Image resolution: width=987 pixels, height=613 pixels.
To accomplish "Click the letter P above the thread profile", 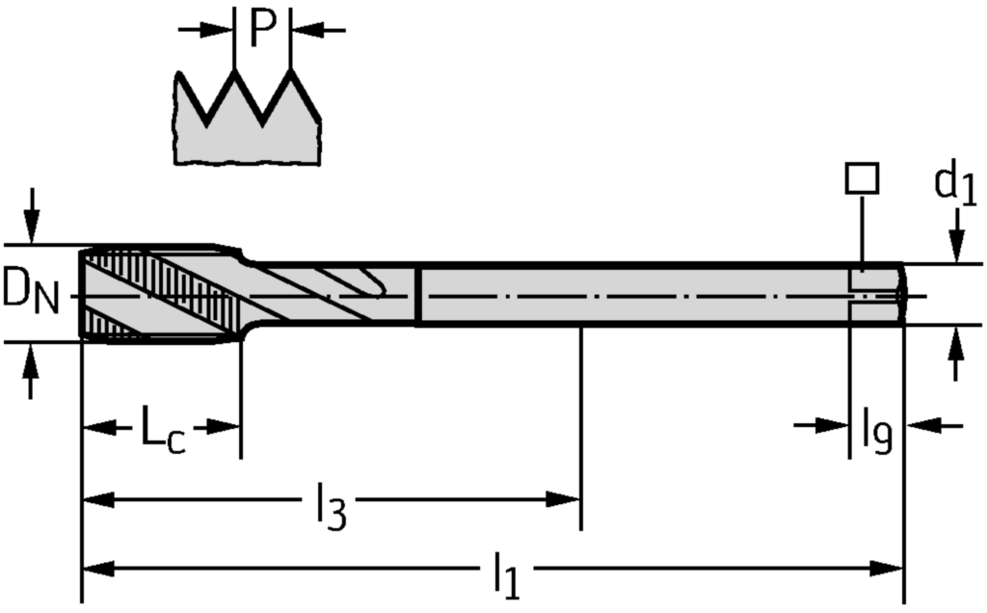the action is pyautogui.click(x=262, y=29).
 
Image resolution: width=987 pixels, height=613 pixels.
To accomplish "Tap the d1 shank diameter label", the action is pyautogui.click(x=955, y=184).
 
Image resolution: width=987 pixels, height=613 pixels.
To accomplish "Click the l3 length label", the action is pyautogui.click(x=331, y=505).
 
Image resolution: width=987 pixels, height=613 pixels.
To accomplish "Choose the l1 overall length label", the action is pyautogui.click(x=506, y=574).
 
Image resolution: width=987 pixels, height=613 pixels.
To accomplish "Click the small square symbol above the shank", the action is pyautogui.click(x=862, y=178).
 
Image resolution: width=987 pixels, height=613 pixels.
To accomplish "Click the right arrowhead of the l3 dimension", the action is pyautogui.click(x=563, y=499).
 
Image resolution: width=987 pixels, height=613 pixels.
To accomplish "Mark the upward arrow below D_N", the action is pyautogui.click(x=30, y=371).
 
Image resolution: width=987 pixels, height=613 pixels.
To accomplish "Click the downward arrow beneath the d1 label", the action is pyautogui.click(x=956, y=236).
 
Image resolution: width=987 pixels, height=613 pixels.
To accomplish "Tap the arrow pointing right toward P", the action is pyautogui.click(x=205, y=29).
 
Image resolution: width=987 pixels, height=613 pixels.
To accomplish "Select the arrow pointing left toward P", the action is pyautogui.click(x=318, y=29).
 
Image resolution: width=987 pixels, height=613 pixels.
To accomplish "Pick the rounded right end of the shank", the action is pyautogui.click(x=902, y=294).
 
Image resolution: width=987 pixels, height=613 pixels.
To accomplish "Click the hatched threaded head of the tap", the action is pyautogui.click(x=161, y=294).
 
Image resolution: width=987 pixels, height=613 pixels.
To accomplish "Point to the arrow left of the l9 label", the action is pyautogui.click(x=821, y=425).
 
